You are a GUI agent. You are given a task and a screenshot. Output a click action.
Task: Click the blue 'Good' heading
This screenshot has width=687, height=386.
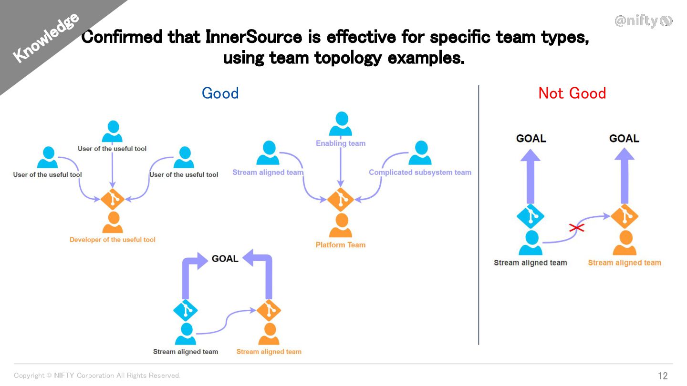click(220, 93)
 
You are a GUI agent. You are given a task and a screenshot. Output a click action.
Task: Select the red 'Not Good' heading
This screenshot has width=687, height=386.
click(572, 93)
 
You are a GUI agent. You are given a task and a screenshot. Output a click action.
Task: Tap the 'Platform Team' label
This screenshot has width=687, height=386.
click(340, 245)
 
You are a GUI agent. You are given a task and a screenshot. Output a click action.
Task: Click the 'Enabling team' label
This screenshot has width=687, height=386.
click(341, 143)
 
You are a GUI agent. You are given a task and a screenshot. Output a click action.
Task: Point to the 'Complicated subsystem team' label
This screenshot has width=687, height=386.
click(420, 173)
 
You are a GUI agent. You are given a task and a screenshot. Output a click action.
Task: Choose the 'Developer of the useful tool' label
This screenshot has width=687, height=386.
click(113, 240)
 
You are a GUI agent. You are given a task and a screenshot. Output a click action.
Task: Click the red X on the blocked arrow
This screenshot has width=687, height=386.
click(577, 228)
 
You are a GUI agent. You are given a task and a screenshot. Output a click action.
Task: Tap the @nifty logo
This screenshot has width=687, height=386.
click(643, 21)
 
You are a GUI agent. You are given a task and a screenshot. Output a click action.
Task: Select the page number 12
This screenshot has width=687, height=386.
click(663, 376)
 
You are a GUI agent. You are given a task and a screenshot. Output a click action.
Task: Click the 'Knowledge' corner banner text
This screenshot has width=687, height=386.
click(46, 38)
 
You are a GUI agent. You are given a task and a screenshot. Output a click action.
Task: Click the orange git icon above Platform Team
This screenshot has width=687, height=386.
click(340, 199)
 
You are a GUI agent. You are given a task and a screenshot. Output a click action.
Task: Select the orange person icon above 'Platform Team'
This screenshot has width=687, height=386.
click(341, 226)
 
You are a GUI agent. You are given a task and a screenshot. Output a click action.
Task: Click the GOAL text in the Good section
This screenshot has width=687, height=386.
click(225, 259)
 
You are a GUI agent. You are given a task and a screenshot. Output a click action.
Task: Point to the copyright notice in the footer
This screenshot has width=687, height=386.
click(97, 376)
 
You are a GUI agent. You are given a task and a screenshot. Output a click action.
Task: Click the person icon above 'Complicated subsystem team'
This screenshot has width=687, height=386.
click(420, 153)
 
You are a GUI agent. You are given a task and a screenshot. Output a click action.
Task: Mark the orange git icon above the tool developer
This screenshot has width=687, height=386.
click(113, 199)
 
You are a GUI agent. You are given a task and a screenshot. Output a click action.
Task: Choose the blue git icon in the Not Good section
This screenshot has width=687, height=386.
click(531, 216)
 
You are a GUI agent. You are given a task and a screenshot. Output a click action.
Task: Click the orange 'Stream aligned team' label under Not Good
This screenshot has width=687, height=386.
click(625, 263)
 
